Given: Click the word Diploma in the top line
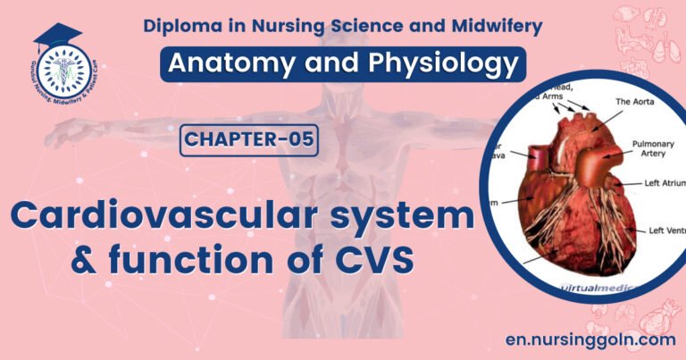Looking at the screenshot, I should point(179,26).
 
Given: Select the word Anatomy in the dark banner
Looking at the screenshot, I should point(222,65).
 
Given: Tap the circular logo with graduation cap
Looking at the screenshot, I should point(60,67).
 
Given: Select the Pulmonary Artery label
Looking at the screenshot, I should point(653,148).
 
